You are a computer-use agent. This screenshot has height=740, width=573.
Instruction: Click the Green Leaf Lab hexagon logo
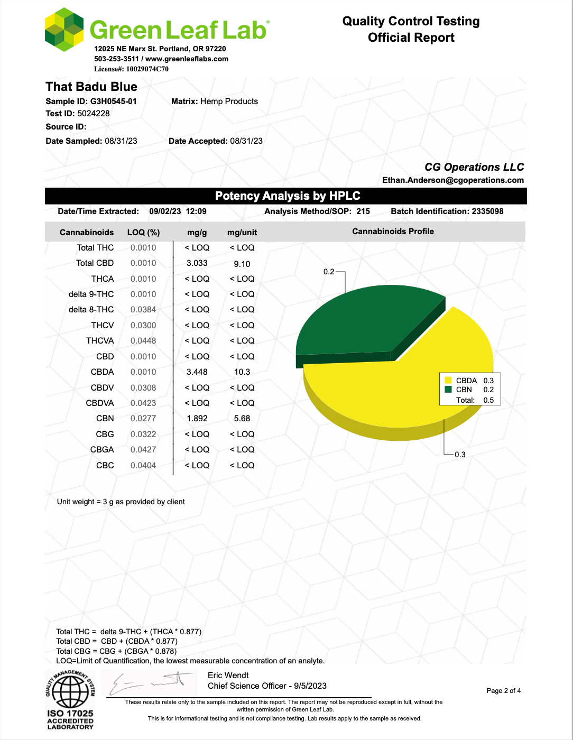click(x=64, y=30)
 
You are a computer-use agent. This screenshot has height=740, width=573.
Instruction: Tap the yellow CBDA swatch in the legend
click(x=448, y=381)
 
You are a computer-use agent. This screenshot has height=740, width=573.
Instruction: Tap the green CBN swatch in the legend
click(x=448, y=390)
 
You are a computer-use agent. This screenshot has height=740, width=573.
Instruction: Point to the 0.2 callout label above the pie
click(x=329, y=272)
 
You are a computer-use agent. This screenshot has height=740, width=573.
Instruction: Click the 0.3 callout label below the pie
click(x=460, y=455)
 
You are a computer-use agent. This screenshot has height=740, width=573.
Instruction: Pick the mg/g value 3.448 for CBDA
click(x=197, y=372)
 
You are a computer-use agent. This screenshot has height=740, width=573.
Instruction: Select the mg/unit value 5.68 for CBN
click(x=242, y=419)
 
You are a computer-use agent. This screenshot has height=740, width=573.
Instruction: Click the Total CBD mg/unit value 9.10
click(x=242, y=264)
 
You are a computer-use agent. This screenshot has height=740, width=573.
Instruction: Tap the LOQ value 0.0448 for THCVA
click(x=143, y=341)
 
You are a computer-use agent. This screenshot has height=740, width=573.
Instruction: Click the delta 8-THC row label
click(x=91, y=310)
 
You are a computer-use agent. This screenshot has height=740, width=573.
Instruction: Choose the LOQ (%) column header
click(x=143, y=233)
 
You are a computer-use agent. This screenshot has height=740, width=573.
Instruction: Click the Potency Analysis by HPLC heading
click(x=288, y=196)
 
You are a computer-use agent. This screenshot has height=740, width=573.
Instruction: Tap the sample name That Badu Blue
click(x=91, y=87)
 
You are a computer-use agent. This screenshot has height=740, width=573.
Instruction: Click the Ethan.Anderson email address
click(x=453, y=180)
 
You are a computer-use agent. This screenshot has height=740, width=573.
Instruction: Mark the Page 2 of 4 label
click(x=503, y=691)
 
